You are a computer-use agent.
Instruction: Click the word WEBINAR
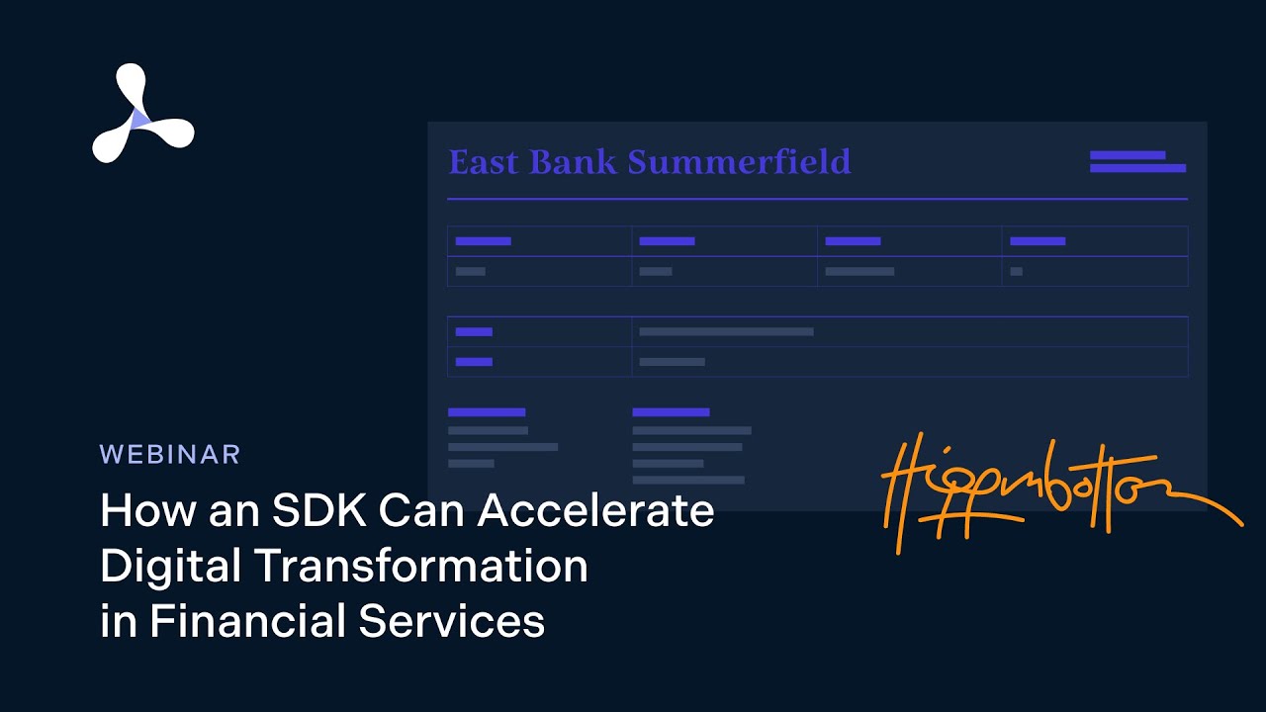click(x=170, y=454)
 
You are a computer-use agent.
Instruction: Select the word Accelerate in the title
click(x=596, y=510)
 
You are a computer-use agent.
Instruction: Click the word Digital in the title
click(x=170, y=566)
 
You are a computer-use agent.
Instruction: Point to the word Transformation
click(x=421, y=566)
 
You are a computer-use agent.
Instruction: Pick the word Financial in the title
click(x=249, y=621)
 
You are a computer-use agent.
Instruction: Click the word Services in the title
click(x=451, y=621)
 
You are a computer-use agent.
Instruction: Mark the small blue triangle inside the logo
click(x=139, y=119)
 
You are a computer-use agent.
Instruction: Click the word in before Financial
click(x=118, y=621)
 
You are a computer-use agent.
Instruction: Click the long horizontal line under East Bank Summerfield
click(x=817, y=199)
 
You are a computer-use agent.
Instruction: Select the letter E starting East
click(x=459, y=162)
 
